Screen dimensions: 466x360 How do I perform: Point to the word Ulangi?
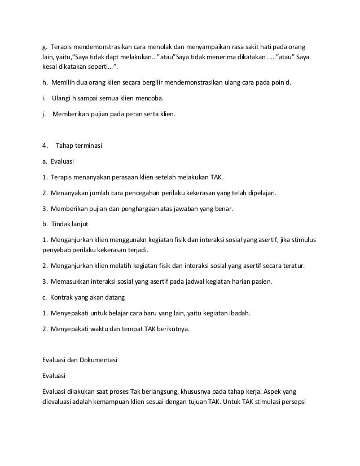pos(63,99)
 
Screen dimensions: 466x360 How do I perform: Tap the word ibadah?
pos(238,313)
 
